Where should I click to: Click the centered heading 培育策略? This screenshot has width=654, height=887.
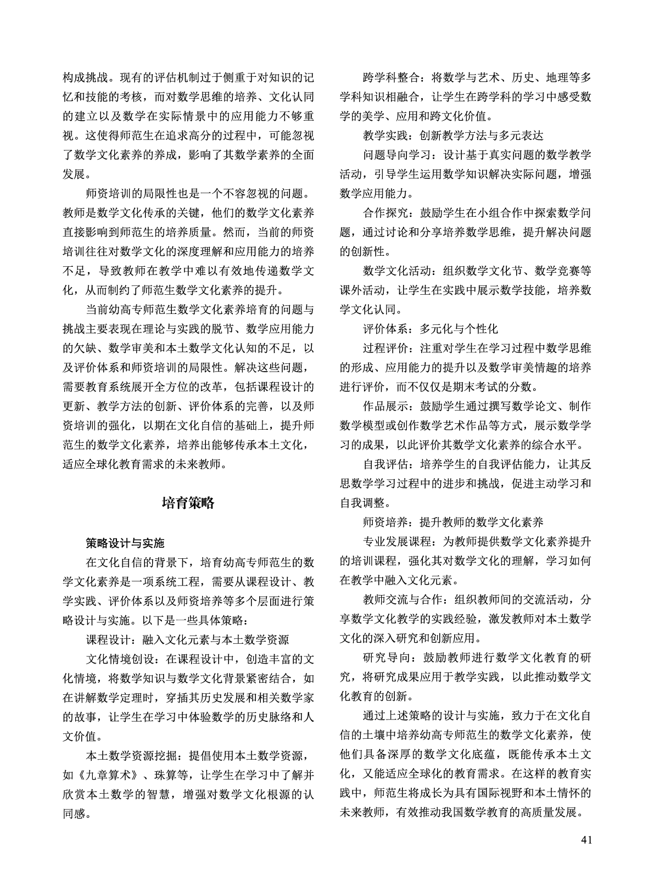(x=188, y=503)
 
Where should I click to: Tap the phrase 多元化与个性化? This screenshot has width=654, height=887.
(x=459, y=329)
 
